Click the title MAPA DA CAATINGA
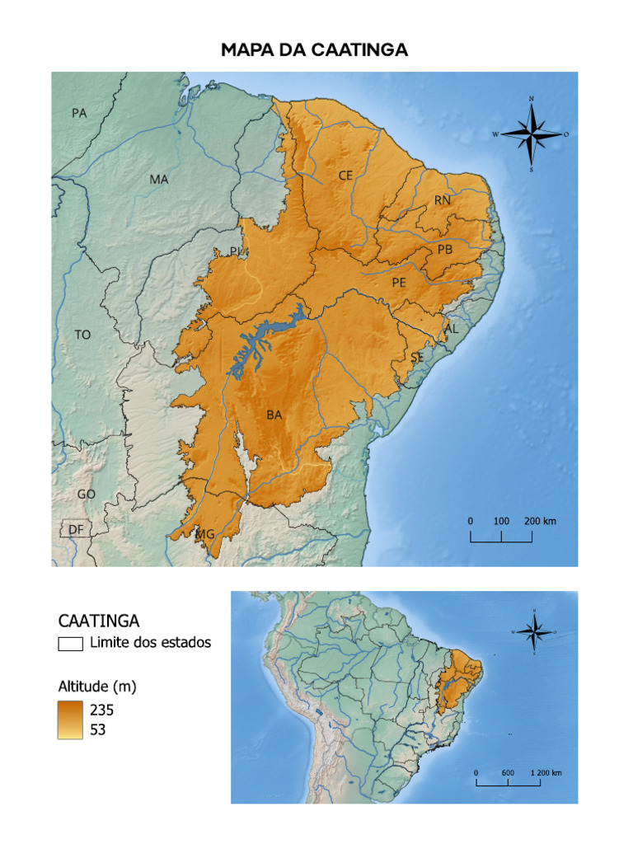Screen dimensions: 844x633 (x=315, y=50)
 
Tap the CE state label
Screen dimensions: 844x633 (x=345, y=176)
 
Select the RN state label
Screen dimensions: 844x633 (x=443, y=200)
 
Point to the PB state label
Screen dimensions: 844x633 (x=445, y=250)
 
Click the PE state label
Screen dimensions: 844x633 (x=399, y=282)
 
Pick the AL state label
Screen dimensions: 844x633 (x=450, y=328)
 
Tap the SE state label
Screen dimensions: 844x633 (x=418, y=358)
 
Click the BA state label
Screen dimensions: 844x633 (x=274, y=415)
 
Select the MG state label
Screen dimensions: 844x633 (x=205, y=534)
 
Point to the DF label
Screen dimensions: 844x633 (x=76, y=529)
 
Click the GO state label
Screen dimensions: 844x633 (x=86, y=494)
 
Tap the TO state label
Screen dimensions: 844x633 (x=82, y=335)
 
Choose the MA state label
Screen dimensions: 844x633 (x=159, y=179)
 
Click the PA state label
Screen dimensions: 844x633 (x=79, y=113)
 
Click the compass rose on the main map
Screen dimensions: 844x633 (x=532, y=134)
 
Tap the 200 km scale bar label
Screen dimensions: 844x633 (x=540, y=521)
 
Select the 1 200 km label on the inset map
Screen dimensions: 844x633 (x=546, y=772)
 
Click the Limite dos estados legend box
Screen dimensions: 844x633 (x=70, y=644)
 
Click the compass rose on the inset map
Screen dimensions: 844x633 (x=534, y=632)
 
